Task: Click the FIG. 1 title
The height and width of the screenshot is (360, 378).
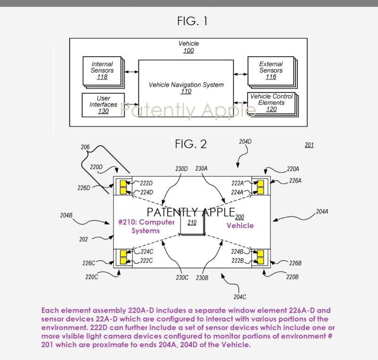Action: point(192,21)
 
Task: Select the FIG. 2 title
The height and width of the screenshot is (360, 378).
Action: point(191,144)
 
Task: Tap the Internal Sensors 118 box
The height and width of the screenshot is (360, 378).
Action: point(102,70)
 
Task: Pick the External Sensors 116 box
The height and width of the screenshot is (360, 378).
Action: point(271,70)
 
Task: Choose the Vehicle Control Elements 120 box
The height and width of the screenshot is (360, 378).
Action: point(271,103)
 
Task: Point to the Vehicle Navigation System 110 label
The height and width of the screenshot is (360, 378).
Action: point(186,88)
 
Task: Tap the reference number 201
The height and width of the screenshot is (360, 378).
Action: point(309,145)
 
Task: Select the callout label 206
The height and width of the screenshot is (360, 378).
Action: point(85,147)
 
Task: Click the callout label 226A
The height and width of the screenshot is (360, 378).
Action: point(295,180)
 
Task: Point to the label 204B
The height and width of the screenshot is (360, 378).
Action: point(66,215)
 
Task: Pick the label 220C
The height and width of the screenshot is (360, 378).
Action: point(92,277)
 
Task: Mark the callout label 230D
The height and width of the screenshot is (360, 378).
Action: point(181,168)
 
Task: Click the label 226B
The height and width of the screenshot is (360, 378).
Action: point(295,263)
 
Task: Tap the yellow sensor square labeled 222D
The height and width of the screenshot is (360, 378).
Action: point(124,183)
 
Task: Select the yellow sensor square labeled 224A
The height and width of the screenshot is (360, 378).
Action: point(260,191)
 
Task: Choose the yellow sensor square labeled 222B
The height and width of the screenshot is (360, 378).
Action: point(260,261)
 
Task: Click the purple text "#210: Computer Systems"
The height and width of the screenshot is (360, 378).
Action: point(146,226)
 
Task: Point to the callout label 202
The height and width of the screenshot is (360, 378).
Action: point(84,239)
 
